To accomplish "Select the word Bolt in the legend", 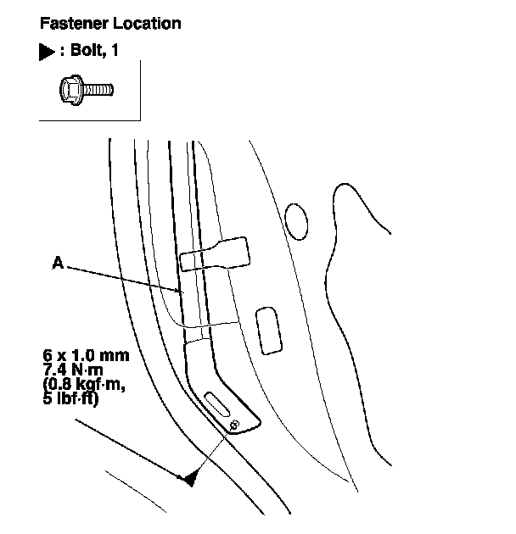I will click(87, 52).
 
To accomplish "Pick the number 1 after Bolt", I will click(115, 52).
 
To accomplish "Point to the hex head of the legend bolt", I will click(70, 87).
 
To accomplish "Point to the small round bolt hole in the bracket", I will click(235, 424).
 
